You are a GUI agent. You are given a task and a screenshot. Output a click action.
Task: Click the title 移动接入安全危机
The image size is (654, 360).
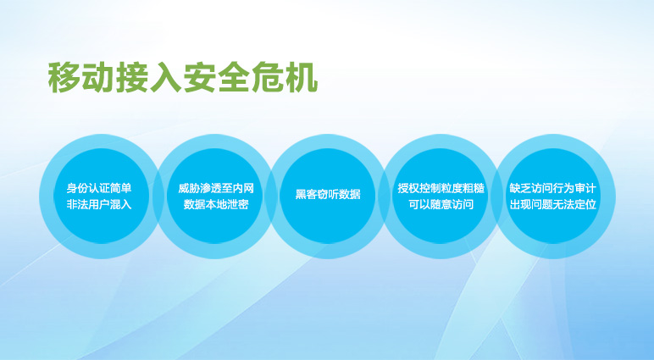click(x=183, y=78)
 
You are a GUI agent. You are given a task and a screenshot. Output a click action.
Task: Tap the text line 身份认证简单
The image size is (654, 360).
click(x=99, y=188)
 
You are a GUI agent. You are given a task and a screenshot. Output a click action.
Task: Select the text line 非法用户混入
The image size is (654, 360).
click(x=99, y=204)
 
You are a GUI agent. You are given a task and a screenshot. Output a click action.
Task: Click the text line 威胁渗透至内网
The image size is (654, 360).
click(x=216, y=188)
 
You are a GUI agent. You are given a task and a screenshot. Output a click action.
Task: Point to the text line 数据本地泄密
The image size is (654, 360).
click(x=216, y=204)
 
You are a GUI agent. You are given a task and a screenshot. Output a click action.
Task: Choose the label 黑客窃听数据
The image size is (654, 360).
click(x=328, y=194)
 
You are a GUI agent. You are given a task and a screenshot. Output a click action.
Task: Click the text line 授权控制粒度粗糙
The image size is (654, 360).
click(x=441, y=188)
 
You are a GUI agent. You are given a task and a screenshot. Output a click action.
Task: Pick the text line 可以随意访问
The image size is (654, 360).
click(x=441, y=204)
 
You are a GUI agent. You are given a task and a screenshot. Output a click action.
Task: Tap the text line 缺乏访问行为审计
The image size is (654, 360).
click(x=553, y=188)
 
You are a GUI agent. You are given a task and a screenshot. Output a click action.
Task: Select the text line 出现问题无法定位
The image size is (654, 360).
click(x=553, y=204)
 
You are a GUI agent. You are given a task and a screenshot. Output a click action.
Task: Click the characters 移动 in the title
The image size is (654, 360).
click(x=81, y=78)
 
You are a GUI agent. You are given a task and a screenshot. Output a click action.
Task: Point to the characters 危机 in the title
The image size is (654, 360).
click(x=285, y=78)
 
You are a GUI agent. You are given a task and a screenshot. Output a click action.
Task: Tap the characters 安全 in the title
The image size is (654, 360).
click(x=217, y=78)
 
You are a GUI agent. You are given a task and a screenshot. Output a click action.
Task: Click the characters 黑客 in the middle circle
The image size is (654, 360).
click(x=306, y=194)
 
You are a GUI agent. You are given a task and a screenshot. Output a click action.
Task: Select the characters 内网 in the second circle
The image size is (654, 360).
click(x=243, y=188)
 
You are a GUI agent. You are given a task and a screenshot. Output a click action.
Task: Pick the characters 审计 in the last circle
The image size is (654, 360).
click(x=586, y=188)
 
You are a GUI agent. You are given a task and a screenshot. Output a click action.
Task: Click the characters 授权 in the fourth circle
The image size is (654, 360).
click(x=408, y=188)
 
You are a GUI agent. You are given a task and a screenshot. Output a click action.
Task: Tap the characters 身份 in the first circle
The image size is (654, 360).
click(x=78, y=188)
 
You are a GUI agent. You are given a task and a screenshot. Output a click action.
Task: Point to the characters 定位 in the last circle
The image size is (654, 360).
click(x=586, y=204)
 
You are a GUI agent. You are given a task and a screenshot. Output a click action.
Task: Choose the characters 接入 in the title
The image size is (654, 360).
click(x=149, y=78)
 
